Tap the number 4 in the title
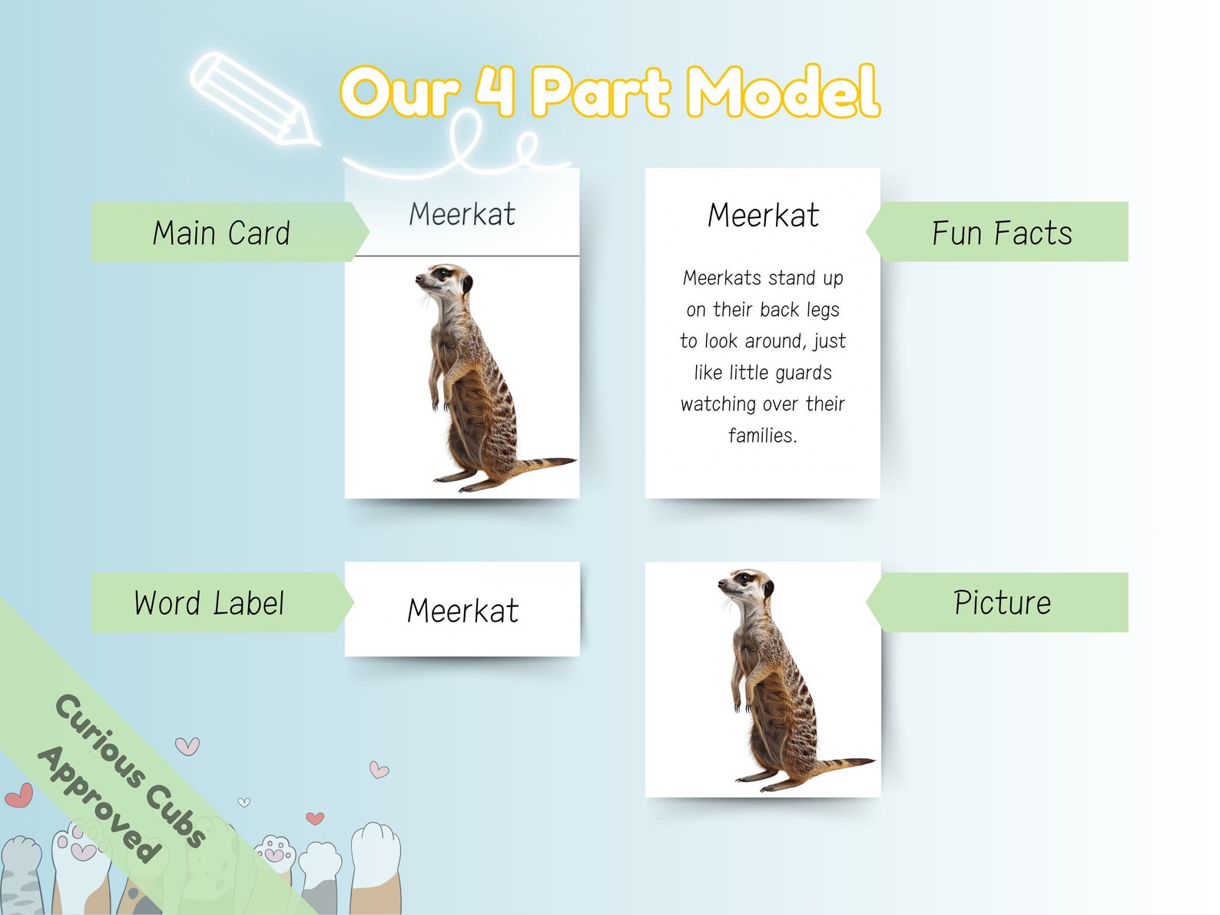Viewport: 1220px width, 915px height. tap(495, 90)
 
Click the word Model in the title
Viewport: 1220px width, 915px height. tap(782, 92)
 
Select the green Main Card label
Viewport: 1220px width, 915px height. tap(222, 233)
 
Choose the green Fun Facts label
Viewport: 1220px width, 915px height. tap(1002, 233)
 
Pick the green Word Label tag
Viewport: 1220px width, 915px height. tap(210, 603)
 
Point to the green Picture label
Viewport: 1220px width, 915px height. tap(1002, 603)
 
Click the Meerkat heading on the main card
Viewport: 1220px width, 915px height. tap(462, 214)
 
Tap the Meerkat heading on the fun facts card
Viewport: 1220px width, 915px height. tap(763, 215)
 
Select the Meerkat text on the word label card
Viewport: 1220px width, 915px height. tap(462, 611)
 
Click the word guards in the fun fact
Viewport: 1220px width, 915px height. tap(803, 373)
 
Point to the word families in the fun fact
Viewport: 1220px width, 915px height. tap(761, 436)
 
